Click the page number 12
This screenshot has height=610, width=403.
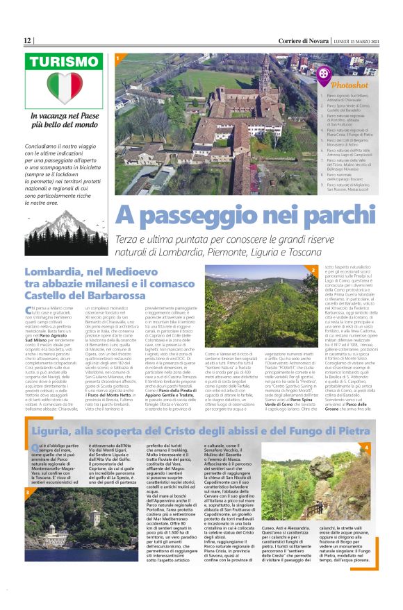point(28,41)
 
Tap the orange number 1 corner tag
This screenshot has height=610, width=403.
point(119,58)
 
